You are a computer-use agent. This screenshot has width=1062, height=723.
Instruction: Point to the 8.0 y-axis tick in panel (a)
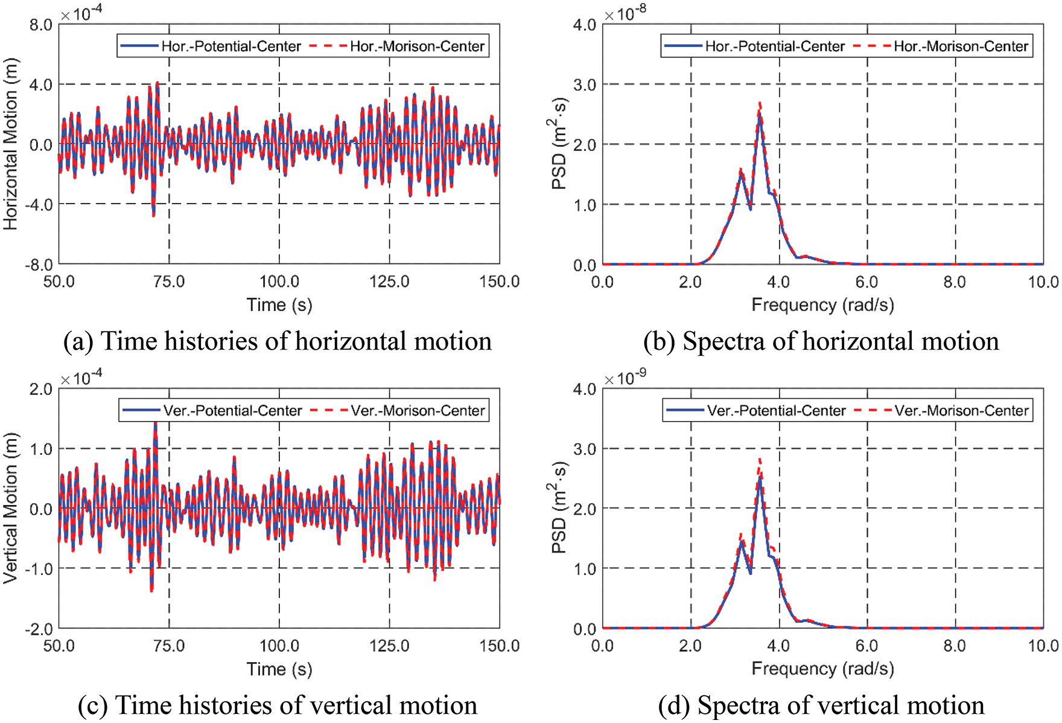[x=41, y=25]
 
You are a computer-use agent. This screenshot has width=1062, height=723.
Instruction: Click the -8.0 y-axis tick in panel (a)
[x=39, y=265]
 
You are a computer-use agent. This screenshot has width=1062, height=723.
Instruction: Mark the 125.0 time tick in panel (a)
[x=389, y=281]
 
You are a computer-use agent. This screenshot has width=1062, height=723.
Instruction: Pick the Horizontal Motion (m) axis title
[x=11, y=144]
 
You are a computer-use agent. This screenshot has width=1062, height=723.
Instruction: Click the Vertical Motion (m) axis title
[x=11, y=508]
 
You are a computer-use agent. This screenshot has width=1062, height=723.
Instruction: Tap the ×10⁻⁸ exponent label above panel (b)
[x=625, y=13]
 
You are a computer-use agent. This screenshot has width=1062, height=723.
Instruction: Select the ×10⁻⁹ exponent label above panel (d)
[x=625, y=378]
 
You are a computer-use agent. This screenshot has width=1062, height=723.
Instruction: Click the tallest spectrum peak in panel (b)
[x=760, y=104]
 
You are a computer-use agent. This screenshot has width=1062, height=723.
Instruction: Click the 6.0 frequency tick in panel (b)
[x=867, y=281]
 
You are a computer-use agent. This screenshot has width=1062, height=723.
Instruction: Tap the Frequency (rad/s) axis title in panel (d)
[x=822, y=669]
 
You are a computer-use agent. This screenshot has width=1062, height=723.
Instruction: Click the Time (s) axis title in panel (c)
[x=279, y=669]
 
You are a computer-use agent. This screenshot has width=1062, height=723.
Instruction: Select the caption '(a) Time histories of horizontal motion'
[x=278, y=341]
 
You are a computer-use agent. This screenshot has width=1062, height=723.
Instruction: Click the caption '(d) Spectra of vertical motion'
[x=821, y=705]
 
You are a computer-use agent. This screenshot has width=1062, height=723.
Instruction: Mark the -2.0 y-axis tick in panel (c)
[x=39, y=629]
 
